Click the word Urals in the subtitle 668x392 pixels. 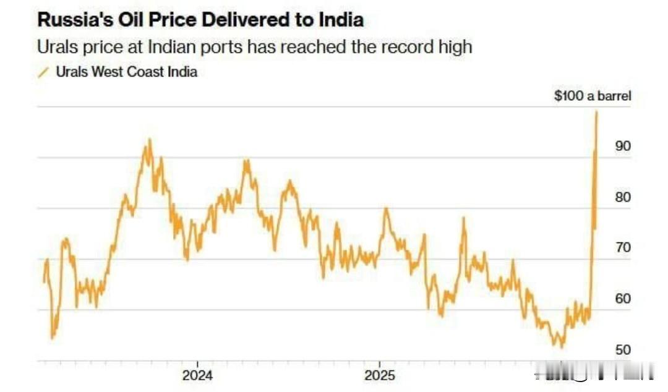[x=54, y=46]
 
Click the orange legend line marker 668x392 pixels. [x=43, y=72]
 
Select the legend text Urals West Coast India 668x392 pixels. [x=127, y=72]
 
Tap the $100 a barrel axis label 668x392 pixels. [x=592, y=96]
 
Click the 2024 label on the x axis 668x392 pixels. [x=197, y=375]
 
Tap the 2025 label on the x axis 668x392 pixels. [x=379, y=375]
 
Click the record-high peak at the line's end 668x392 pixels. [x=597, y=112]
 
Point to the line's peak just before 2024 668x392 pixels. [x=148, y=140]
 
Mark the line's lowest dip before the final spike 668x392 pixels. [x=561, y=347]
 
